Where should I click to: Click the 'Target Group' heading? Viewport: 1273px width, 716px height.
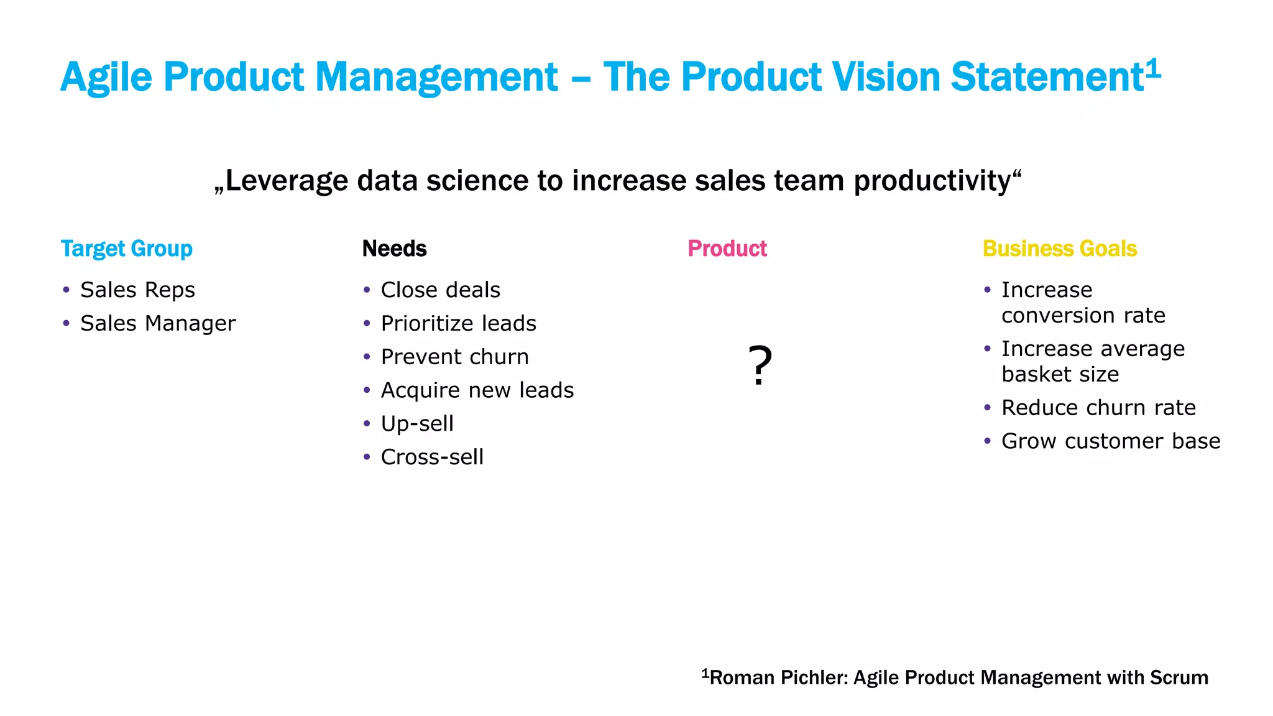click(127, 249)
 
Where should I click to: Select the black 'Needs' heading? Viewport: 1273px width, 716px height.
click(394, 249)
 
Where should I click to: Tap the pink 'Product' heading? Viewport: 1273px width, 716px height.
click(727, 249)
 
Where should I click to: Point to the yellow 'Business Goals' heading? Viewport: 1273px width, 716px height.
click(1060, 249)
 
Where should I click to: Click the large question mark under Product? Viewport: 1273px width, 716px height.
click(760, 365)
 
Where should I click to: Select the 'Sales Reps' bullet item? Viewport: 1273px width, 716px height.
click(137, 290)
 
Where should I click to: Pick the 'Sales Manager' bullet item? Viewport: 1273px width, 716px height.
click(158, 323)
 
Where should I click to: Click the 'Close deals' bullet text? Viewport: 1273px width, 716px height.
click(440, 290)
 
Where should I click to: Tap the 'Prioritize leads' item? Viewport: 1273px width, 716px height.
click(458, 323)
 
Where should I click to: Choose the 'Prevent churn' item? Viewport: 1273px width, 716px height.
click(454, 357)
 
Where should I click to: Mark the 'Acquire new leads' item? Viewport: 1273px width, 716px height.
click(477, 390)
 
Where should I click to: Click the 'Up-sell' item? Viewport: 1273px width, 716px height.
click(417, 424)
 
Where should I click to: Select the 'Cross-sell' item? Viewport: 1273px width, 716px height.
click(432, 457)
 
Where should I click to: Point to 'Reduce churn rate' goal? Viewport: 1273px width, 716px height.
click(1098, 408)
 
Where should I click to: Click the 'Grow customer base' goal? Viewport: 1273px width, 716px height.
click(1111, 441)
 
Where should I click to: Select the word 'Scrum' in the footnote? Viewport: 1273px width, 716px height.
click(1179, 677)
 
